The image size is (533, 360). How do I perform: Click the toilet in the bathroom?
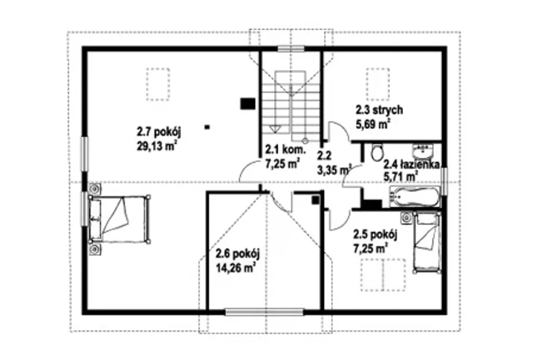coord(377,152)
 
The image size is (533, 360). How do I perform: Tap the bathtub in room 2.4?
coord(415,197)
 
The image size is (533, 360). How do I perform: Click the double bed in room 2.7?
coord(120,219)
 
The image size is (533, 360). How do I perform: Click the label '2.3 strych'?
coord(379,110)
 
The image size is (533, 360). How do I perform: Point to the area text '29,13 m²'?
coord(157,146)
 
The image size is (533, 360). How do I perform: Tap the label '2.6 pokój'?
coord(238,254)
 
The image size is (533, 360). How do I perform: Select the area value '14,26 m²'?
coord(236,268)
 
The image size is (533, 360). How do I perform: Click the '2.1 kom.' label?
coord(285,150)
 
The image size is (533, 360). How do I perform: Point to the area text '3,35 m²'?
coord(334,170)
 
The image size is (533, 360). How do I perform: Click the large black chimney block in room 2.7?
coord(248,104)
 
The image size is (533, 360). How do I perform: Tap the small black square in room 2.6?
coord(316,200)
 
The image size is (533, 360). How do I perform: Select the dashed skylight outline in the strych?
coord(378,84)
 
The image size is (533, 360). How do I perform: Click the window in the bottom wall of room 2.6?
coord(264,312)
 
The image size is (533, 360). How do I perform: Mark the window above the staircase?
coord(291,49)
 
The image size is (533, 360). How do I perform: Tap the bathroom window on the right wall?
coord(444,182)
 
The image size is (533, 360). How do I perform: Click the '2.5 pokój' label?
coord(375,235)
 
